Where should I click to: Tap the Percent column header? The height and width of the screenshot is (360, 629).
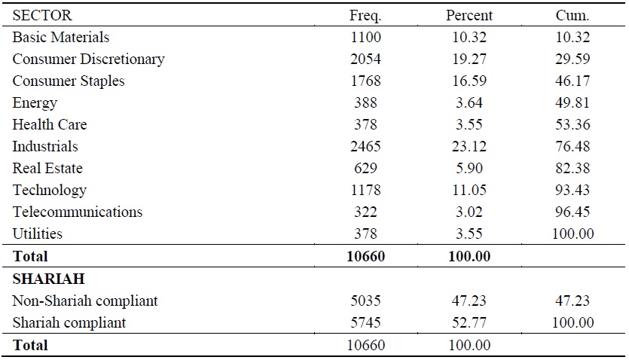coord(469,15)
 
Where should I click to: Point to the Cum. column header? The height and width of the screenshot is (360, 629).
coord(572,15)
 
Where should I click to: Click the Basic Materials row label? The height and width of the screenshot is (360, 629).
coord(61,37)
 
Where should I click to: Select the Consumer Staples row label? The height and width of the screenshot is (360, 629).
coord(69,81)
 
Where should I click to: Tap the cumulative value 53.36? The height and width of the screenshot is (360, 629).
coord(572,124)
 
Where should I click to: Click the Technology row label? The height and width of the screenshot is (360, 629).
coord(50,190)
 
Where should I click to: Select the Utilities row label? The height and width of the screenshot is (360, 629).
coord(37,233)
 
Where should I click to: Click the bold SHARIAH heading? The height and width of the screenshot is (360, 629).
coord(48,279)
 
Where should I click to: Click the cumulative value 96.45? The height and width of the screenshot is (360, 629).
coord(572,212)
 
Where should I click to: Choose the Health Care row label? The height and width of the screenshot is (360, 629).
coord(50,124)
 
